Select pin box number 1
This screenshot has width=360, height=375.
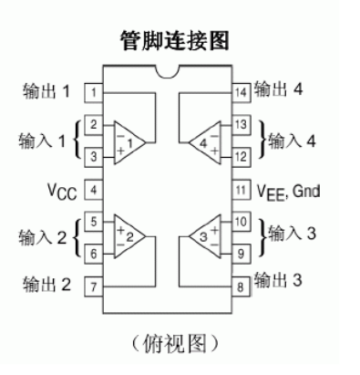coord(94,92)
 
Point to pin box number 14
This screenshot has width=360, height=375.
coord(239,92)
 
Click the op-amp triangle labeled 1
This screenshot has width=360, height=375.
coord(130,141)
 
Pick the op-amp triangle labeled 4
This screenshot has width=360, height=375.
coord(204,141)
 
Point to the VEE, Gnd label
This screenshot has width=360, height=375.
coord(283,191)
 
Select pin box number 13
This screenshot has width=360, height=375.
coord(239,124)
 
